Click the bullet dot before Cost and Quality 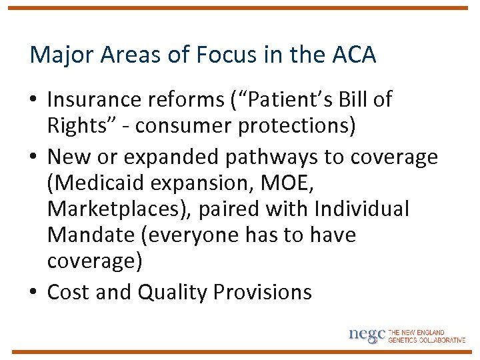[34, 293]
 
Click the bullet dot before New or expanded [34, 157]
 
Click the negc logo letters [367, 335]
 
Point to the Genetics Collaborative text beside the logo [427, 340]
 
